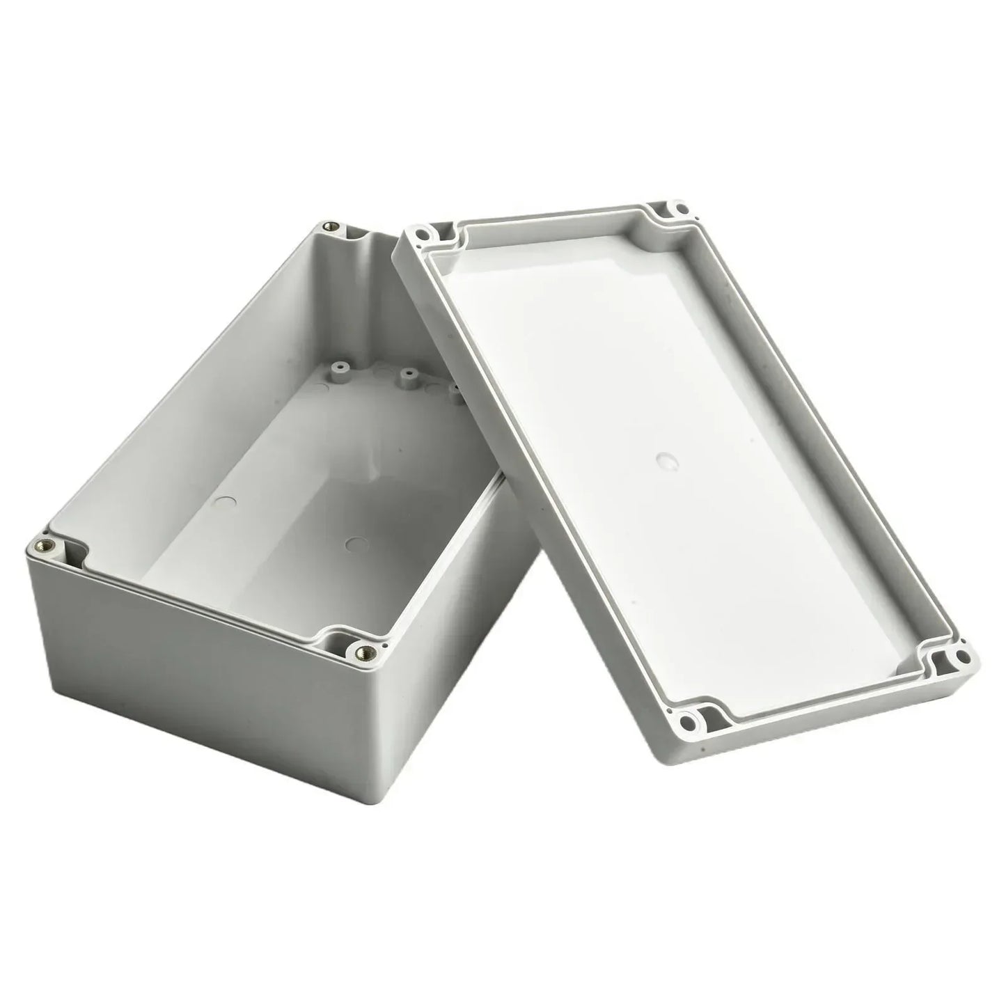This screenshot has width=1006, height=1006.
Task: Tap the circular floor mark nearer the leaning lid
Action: pos(356,544)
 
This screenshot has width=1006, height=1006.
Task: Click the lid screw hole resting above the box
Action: pos(421,236)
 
